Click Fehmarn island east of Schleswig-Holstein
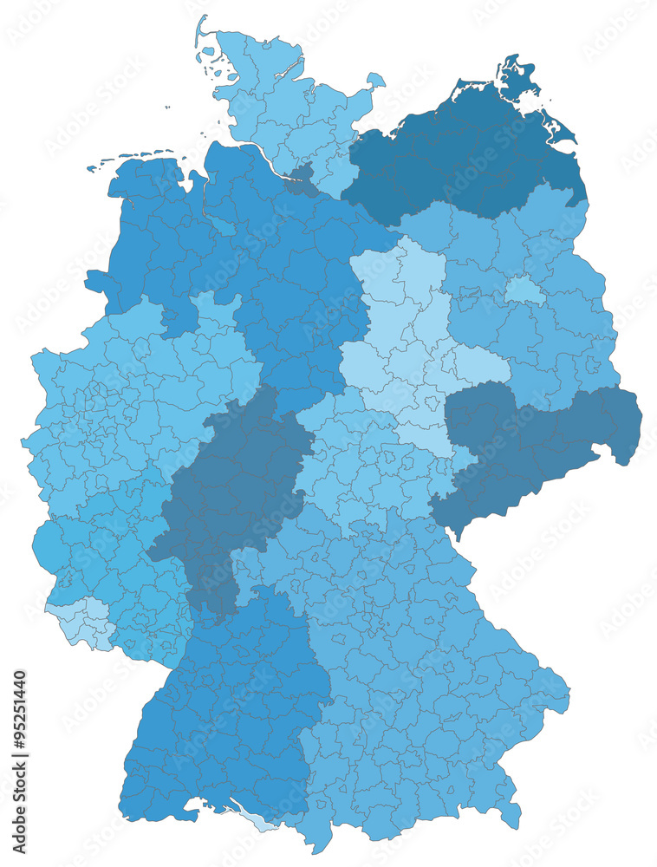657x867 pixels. coord(375,81)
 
